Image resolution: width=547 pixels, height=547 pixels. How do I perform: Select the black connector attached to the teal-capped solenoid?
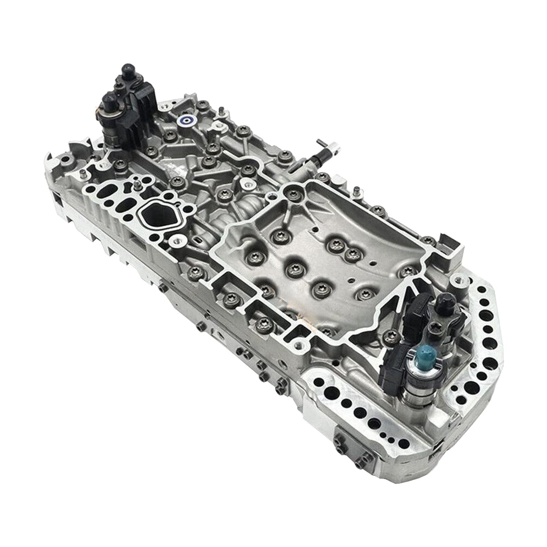pyautogui.click(x=394, y=358)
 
